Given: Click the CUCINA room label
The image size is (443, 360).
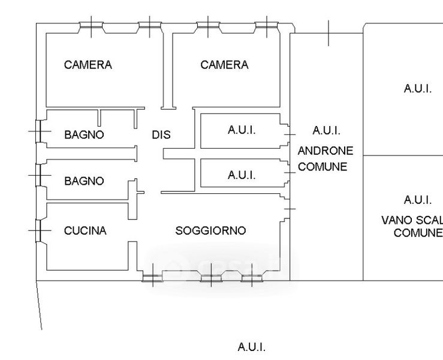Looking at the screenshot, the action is click(85, 231).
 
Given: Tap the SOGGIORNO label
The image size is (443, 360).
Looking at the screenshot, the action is click(211, 231).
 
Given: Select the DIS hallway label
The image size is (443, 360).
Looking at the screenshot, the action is click(161, 134).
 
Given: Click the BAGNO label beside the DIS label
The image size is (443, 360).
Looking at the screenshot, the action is click(84, 134).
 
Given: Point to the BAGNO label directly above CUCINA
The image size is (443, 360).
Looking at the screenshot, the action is click(84, 181).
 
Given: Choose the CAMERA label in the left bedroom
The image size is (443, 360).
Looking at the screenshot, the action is click(88, 65).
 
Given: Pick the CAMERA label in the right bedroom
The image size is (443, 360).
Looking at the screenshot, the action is click(224, 65).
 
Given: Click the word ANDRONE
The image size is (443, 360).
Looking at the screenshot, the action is click(326, 151).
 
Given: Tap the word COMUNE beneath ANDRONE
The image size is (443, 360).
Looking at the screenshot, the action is click(323, 167).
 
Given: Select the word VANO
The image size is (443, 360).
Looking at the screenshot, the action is click(394, 220).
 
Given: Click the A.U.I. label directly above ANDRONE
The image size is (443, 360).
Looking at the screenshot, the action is click(327, 131).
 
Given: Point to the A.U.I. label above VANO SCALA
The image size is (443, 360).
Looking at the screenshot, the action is click(418, 200).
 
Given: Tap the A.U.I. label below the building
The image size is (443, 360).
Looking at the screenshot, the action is click(252, 347).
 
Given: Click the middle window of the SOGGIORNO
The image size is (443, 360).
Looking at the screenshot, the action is click(211, 278).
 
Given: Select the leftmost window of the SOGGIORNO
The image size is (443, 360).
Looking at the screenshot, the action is click(153, 278).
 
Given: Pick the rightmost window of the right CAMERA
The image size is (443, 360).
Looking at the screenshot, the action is click(267, 25).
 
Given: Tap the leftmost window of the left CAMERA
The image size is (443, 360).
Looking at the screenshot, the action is click(91, 25).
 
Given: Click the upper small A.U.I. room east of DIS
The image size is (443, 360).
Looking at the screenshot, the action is click(240, 131).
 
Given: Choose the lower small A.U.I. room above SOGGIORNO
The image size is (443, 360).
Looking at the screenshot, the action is click(240, 173).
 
